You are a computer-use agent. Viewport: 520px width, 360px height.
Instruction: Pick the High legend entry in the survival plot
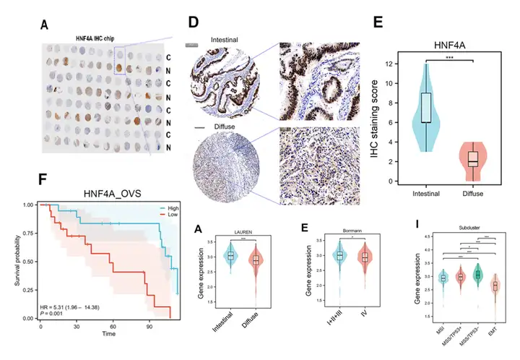[162, 207]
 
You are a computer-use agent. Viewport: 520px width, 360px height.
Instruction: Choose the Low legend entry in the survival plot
[162, 214]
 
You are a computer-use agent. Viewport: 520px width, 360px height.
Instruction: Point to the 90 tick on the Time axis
[149, 327]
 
